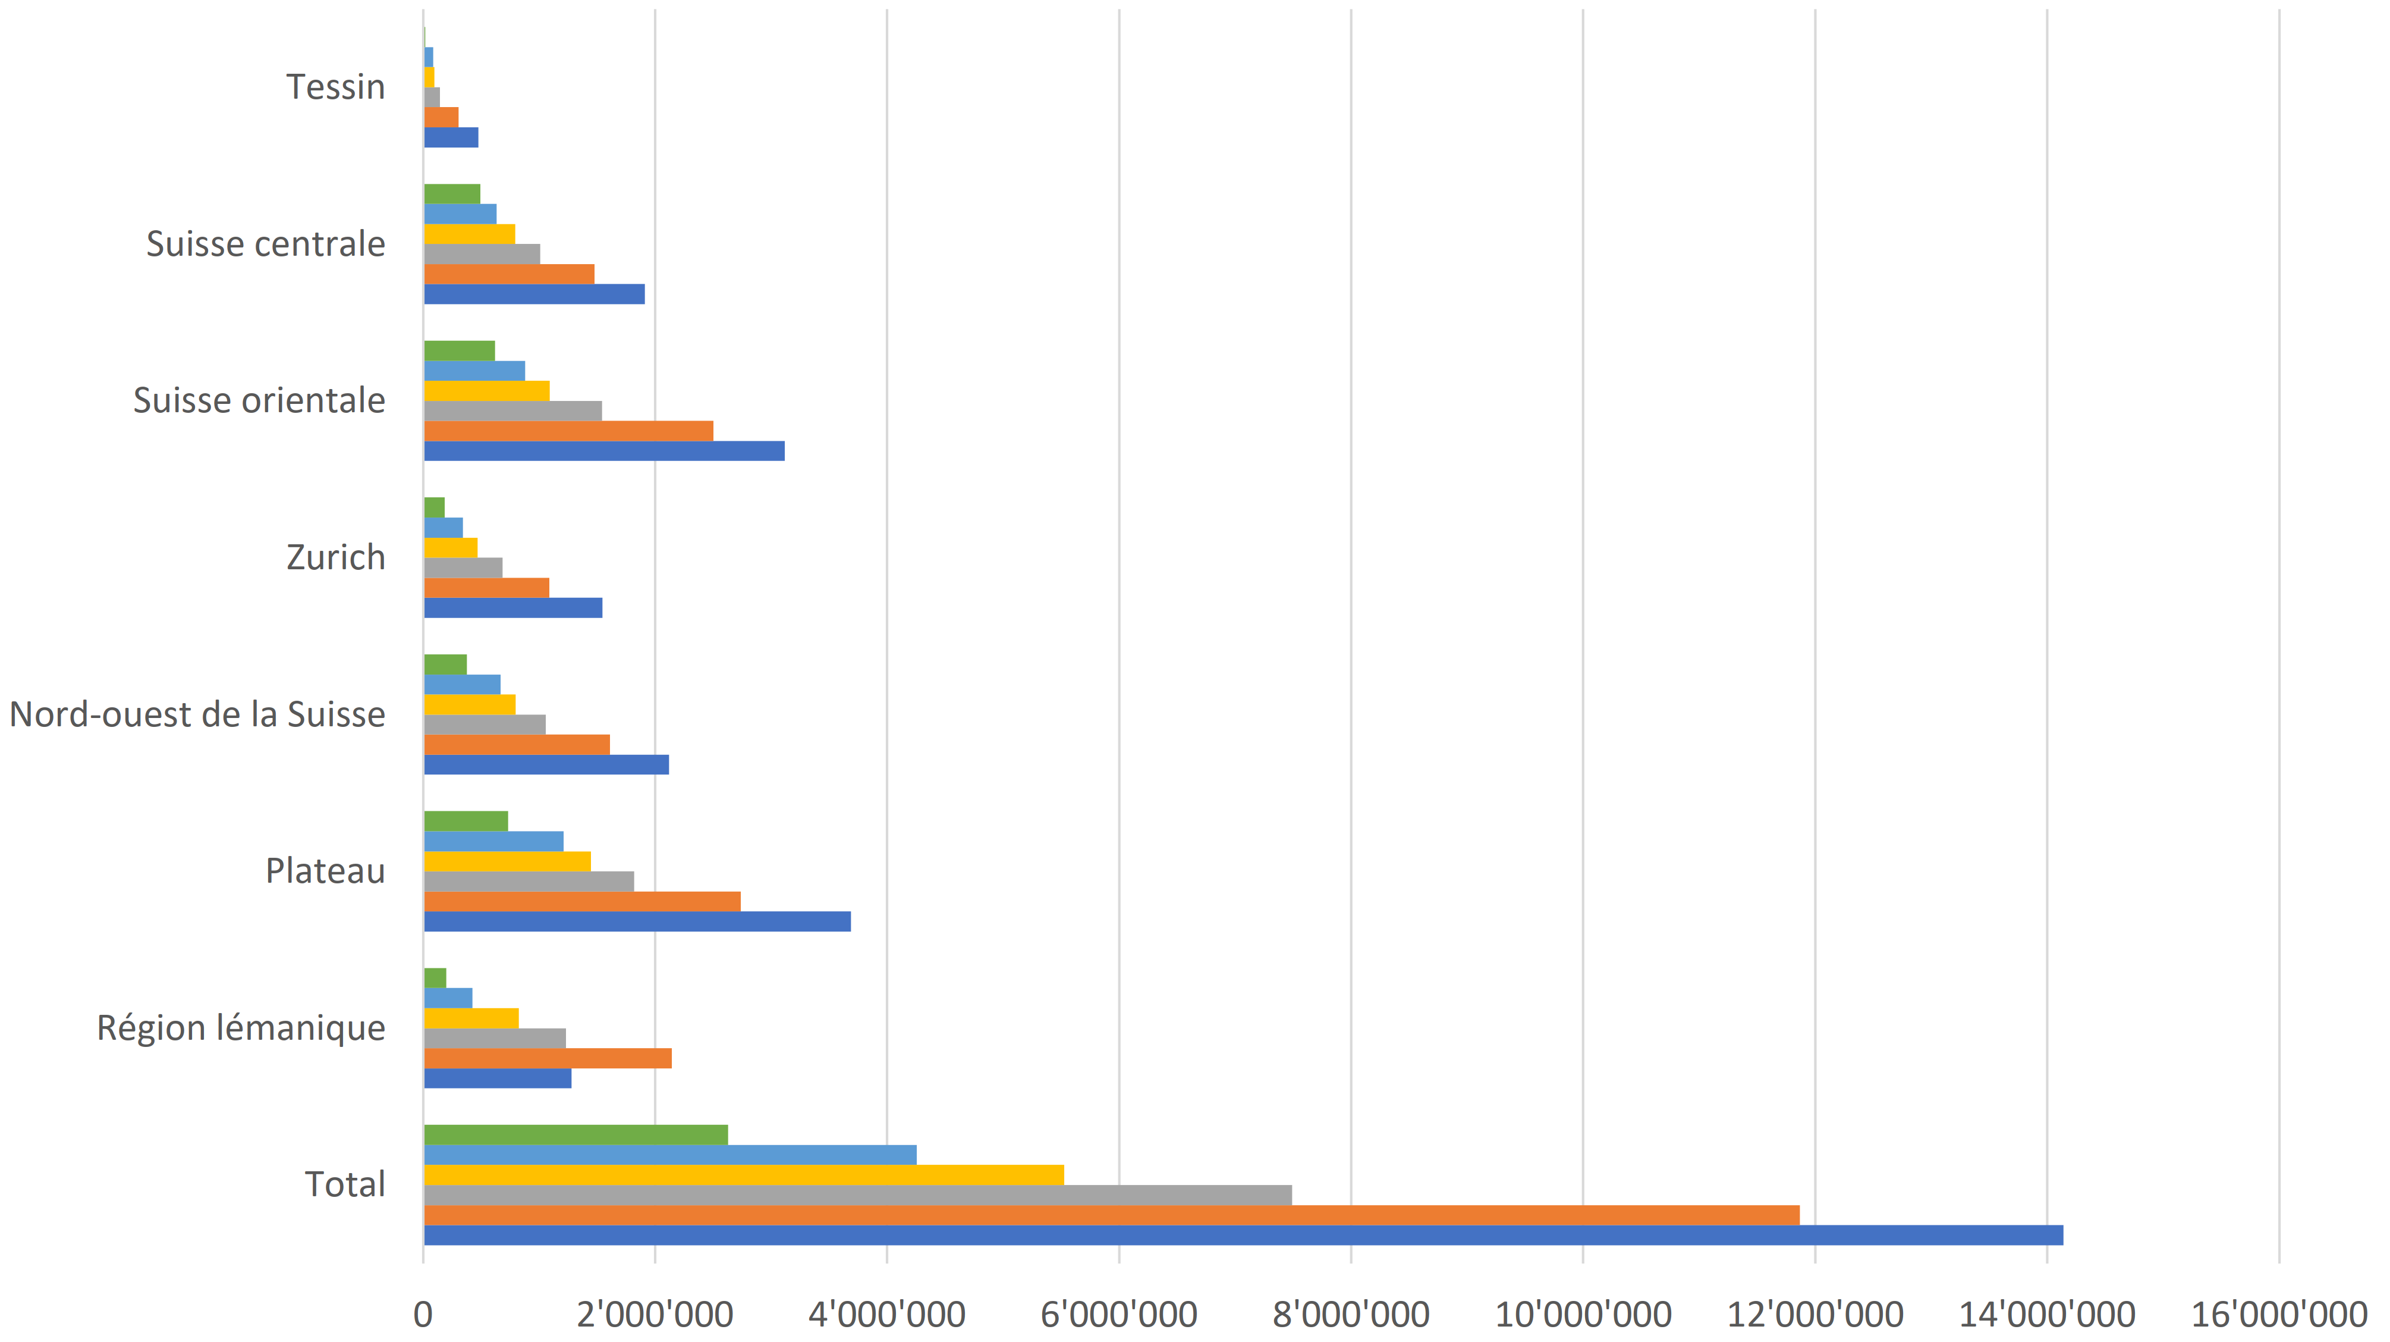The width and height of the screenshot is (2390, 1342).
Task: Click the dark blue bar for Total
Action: (1243, 1236)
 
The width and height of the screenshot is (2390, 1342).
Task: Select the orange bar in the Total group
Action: (1112, 1215)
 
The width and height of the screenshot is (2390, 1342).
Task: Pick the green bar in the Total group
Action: (576, 1135)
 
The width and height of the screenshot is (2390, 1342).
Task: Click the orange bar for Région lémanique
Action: (548, 1058)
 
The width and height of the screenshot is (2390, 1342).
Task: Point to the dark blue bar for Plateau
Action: (637, 921)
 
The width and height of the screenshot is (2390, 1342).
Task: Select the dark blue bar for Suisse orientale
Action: (604, 451)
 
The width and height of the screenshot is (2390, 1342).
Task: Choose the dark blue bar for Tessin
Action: (451, 137)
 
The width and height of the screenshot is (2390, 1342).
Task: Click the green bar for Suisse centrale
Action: (452, 194)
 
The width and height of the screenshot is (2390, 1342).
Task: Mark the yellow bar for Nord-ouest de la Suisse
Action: (470, 704)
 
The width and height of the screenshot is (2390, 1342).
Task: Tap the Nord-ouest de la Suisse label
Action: (197, 714)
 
